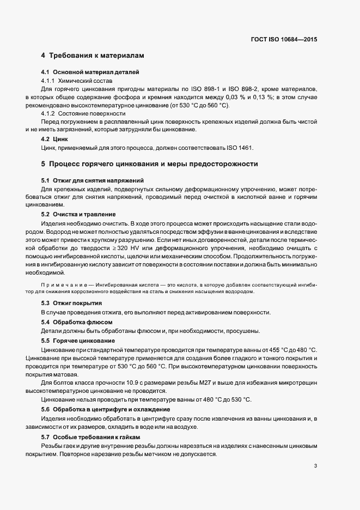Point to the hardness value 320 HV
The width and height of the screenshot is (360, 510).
coord(158,248)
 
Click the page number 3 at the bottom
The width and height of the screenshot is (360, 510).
coord(315,466)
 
